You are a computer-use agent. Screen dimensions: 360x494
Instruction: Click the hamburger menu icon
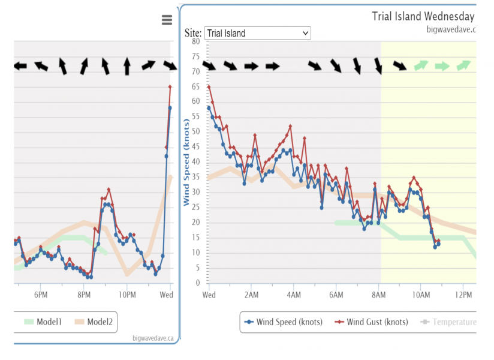[167, 20]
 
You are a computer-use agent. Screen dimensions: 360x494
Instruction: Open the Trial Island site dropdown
[257, 34]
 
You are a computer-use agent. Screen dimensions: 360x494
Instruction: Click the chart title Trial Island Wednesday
[423, 16]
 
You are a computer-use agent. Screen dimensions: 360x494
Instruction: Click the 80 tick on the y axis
[196, 41]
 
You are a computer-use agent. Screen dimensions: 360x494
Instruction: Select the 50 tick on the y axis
[196, 131]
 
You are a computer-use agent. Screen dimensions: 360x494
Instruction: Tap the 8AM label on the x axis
[379, 295]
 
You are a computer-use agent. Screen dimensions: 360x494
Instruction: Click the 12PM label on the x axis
[463, 295]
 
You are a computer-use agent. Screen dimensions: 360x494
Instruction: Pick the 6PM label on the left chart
[40, 295]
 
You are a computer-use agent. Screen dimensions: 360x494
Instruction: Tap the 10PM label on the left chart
[127, 295]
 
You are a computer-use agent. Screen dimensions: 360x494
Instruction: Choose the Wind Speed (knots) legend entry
[284, 322]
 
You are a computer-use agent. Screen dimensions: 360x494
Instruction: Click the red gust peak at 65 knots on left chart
[170, 87]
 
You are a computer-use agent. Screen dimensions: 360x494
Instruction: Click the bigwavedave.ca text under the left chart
[153, 338]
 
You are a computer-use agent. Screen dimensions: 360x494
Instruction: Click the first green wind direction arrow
[421, 65]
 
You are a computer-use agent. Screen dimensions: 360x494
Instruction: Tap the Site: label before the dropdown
[193, 34]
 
